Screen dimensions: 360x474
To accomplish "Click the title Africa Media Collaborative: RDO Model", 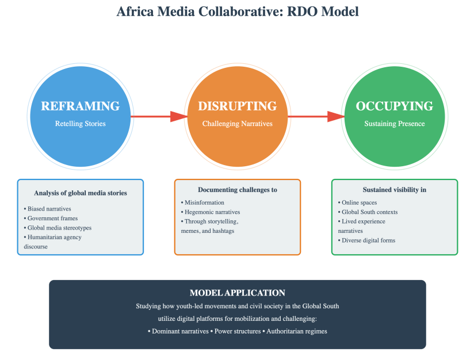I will (237, 12).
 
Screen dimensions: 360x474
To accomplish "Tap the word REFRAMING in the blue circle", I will (81, 106).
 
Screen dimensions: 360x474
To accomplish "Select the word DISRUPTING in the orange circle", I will (238, 106).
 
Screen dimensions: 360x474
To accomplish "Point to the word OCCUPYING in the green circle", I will (395, 106).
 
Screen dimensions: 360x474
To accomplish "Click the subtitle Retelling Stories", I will (81, 124).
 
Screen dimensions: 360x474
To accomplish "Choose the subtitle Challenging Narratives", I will (238, 124).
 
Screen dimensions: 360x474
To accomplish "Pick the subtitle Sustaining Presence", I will (395, 124).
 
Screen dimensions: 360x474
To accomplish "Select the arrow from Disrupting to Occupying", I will (316, 117).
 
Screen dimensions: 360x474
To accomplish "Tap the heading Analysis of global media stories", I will (81, 193).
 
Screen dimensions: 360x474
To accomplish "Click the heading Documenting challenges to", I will (238, 190).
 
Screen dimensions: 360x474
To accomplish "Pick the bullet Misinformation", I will (202, 202).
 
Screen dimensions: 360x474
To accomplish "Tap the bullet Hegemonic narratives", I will (211, 212).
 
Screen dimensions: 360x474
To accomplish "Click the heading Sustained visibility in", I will (395, 190).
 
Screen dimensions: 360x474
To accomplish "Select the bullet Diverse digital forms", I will (368, 240).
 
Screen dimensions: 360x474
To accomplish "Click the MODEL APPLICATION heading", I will (238, 293).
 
